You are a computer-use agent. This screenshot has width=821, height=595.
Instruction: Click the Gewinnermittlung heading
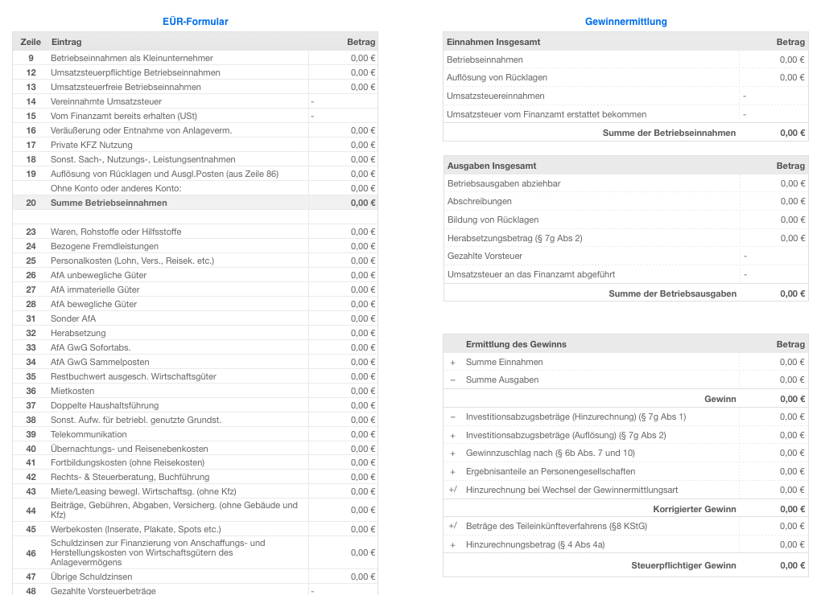[625, 22]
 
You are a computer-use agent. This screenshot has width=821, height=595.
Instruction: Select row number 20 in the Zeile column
[31, 203]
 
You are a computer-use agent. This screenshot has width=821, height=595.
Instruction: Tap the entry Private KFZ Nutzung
[92, 145]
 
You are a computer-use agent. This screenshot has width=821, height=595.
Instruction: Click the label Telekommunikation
[89, 434]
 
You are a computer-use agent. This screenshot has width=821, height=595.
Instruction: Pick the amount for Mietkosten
[363, 391]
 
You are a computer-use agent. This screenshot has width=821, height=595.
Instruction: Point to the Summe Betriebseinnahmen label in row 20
[109, 203]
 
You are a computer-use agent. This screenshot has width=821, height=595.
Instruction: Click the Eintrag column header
[66, 42]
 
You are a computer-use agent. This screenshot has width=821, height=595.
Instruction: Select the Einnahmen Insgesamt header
[493, 42]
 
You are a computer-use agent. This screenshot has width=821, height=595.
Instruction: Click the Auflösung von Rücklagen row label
[497, 77]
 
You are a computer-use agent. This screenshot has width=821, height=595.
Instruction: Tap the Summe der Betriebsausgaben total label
[672, 293]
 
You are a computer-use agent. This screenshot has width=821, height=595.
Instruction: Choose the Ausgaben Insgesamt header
[491, 166]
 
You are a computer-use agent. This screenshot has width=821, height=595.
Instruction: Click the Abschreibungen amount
[792, 202]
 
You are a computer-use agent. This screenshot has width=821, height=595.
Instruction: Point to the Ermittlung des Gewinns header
[516, 344]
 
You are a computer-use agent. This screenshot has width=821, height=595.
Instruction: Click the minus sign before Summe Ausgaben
[452, 380]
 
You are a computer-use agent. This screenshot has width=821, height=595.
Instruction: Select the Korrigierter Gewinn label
[694, 509]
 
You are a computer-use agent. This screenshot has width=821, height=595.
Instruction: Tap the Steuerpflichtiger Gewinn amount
[792, 565]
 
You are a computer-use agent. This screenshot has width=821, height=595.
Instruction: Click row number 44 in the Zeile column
[31, 510]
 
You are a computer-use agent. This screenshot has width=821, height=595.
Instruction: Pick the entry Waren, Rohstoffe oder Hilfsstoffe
[116, 232]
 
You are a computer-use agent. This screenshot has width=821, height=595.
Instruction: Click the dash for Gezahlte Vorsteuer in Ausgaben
[745, 256]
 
